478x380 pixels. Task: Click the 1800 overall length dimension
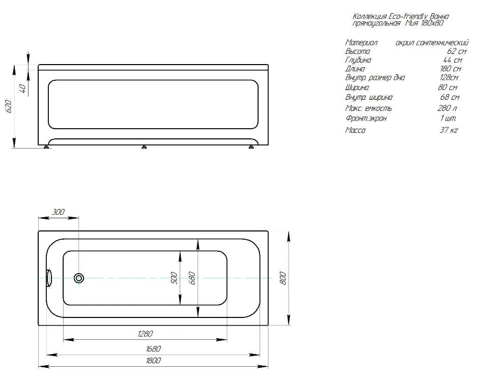pos(153,361)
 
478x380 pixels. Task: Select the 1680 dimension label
pos(153,348)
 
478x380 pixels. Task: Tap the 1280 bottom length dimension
pos(145,334)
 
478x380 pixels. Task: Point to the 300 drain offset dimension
pos(58,212)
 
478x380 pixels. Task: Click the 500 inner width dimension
pos(174,278)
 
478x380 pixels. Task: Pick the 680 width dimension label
pos(192,278)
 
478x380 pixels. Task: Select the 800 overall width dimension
pos(283,278)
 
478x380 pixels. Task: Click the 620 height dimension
pos(9,106)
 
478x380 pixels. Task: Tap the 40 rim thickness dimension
pos(22,89)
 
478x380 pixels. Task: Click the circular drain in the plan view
pos(79,278)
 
